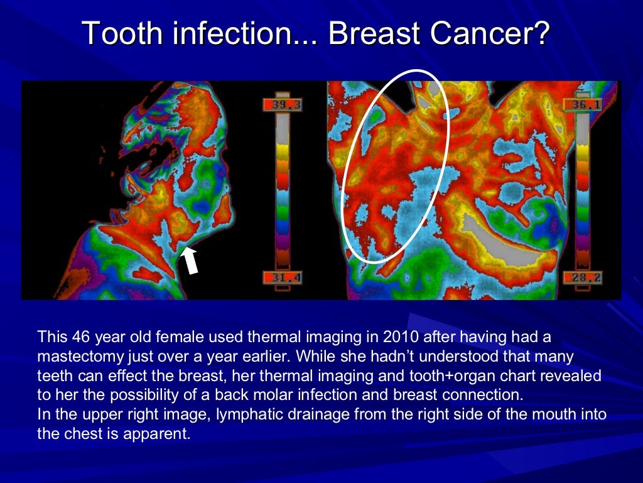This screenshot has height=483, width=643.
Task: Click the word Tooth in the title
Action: (x=119, y=33)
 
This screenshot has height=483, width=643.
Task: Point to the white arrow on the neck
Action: (x=190, y=260)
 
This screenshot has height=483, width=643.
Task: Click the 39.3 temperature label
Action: (x=282, y=105)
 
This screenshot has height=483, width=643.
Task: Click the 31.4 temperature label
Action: (x=282, y=278)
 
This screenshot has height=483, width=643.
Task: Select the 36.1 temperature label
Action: (x=583, y=105)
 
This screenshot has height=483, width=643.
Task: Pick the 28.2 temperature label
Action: (x=583, y=278)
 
